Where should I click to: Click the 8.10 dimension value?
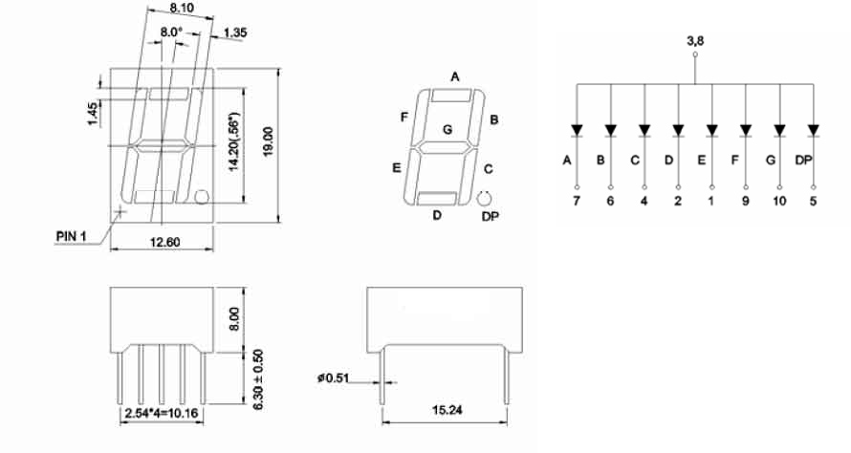182,9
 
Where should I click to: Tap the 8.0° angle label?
171,32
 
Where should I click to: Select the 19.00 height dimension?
268,142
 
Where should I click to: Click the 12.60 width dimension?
165,243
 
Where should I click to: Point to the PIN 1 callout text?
71,237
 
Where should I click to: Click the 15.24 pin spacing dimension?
447,410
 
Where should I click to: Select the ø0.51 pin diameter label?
334,377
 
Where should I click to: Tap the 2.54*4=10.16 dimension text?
162,414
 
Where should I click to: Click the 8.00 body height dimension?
234,319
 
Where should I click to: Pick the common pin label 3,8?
695,41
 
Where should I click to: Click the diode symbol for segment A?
577,131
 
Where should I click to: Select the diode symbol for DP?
813,131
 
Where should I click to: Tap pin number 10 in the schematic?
779,202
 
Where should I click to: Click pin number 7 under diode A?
577,202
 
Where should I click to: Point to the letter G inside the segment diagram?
447,130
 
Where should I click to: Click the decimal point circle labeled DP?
484,199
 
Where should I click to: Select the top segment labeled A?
451,96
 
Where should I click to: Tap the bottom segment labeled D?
436,199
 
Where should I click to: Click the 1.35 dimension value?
235,32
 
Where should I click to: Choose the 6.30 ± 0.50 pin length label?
258,379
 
